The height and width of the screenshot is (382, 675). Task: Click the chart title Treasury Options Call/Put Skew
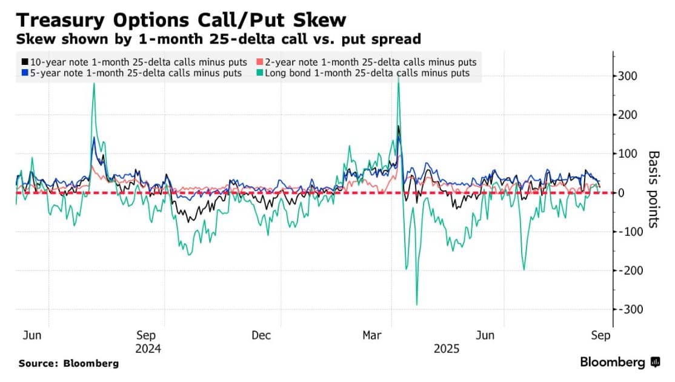182,19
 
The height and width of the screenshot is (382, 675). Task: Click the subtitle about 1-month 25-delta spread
218,40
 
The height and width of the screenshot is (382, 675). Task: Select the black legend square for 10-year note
24,62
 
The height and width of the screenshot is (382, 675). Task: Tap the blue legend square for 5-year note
24,73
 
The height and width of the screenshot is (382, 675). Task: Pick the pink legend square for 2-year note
261,62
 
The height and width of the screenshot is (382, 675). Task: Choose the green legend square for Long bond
261,73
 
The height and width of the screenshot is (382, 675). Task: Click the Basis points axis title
654,189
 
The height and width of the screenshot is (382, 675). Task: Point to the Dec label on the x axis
261,335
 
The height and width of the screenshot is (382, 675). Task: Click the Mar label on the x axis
372,335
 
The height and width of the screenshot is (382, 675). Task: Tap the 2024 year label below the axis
149,349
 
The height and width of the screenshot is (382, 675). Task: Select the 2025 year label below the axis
447,349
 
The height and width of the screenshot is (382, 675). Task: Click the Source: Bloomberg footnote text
68,363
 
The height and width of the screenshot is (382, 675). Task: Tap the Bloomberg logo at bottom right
620,362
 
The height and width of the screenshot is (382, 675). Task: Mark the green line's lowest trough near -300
417,304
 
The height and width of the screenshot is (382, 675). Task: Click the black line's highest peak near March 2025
398,127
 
